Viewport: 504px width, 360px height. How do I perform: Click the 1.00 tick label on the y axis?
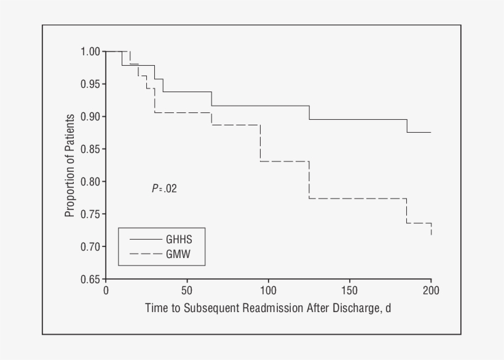click(90, 52)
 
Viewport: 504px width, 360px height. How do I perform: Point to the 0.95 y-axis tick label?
click(90, 84)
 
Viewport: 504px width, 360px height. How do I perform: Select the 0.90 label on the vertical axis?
click(90, 117)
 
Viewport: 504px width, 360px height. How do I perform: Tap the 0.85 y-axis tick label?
click(90, 149)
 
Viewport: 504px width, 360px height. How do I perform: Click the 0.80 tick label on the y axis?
click(90, 182)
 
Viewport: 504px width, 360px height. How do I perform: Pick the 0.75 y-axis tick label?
click(90, 214)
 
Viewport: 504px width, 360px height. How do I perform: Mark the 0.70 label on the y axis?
click(90, 247)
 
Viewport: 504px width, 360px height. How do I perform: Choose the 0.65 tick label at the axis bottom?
click(90, 280)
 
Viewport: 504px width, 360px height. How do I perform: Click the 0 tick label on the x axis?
click(106, 291)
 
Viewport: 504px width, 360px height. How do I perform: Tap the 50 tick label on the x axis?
click(187, 291)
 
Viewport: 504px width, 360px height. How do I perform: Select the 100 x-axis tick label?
click(268, 291)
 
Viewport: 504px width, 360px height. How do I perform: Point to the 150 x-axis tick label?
click(349, 291)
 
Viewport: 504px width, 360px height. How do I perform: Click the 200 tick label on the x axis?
click(431, 291)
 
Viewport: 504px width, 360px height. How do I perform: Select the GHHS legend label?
click(179, 239)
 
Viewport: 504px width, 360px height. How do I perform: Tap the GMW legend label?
click(178, 253)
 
